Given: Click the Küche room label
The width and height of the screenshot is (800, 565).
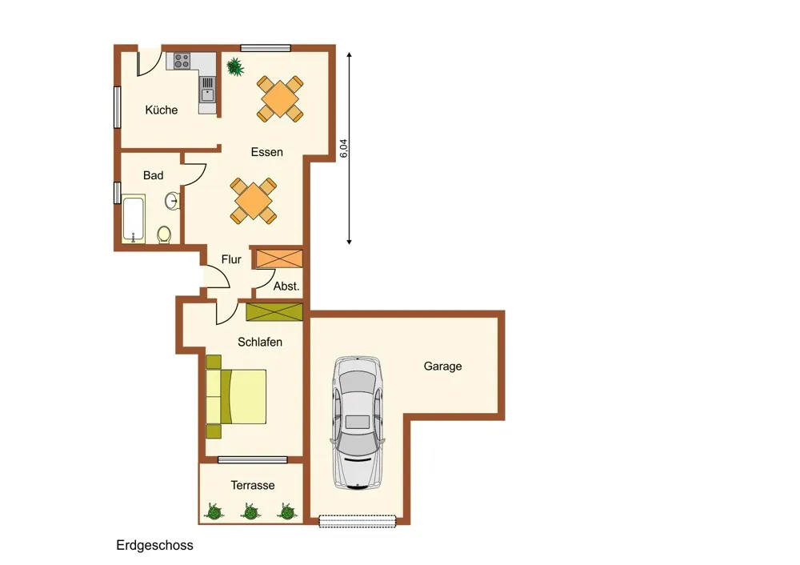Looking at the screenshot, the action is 162,110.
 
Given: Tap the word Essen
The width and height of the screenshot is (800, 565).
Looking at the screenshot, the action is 267,152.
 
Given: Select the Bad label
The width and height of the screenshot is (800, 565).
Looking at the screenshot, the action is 153,175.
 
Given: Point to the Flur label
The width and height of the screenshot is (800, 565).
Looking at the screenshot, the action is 231,259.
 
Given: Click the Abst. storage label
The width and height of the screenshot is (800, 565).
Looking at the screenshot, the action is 286,287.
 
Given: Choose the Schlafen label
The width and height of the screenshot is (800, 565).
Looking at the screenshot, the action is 260,342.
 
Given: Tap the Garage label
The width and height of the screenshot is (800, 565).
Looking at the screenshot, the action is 443,367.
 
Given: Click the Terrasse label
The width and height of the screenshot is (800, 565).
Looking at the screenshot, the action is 253,486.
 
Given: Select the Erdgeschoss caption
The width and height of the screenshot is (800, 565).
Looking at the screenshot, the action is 154,545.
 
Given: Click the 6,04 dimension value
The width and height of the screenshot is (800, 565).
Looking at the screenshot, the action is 343,148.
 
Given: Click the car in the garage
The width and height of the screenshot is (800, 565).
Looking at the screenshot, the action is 357,423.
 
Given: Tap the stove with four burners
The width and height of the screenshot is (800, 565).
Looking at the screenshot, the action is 182,62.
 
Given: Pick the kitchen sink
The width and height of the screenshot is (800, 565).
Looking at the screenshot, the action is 207,90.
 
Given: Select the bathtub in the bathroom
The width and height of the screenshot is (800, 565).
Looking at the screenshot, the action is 134,219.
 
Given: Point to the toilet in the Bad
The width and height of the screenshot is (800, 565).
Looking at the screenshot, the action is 164,235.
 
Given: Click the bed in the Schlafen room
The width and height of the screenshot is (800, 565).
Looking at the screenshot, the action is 236,397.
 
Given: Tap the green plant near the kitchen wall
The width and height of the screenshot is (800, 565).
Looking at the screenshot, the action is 234,66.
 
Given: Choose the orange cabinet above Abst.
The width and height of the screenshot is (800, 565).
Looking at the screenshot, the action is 279,258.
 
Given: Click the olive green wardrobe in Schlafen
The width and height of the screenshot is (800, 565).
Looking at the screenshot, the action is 274,312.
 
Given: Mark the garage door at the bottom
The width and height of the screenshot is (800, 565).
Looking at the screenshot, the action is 357,521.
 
